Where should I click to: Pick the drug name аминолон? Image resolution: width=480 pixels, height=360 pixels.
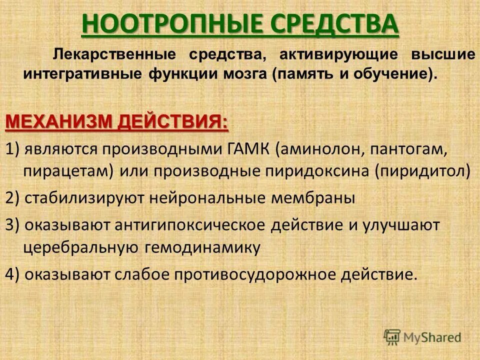click(316, 148)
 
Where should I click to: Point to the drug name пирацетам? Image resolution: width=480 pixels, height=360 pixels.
click(69, 171)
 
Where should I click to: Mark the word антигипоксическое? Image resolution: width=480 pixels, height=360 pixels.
click(190, 224)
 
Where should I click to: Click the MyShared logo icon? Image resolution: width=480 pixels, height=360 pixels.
click(392, 336)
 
